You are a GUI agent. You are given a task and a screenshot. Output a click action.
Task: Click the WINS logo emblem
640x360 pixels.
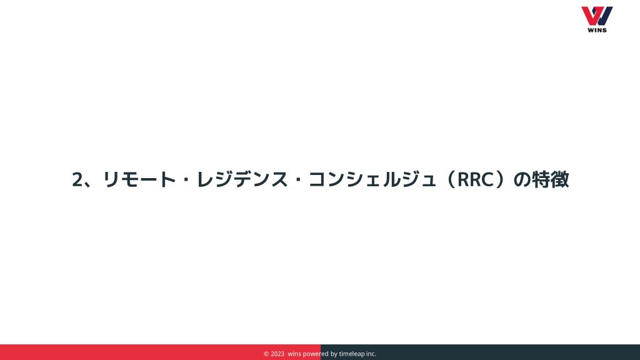coord(597,16)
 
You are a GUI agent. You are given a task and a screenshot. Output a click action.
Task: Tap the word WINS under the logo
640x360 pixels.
coord(597,30)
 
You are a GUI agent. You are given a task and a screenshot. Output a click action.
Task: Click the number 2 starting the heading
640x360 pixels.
coord(77,179)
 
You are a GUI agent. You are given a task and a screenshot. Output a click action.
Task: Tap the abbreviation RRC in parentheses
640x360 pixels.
coord(476,179)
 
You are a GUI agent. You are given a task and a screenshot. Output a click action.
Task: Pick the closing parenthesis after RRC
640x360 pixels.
coord(501,179)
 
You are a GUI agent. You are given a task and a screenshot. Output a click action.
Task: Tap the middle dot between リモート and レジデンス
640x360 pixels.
coord(186,179)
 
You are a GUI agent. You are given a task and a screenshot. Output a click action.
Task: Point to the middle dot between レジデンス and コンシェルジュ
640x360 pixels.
coord(298,179)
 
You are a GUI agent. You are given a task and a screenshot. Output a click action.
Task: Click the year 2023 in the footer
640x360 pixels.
coord(277,354)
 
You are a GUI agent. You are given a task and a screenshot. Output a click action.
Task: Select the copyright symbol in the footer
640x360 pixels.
coord(266,354)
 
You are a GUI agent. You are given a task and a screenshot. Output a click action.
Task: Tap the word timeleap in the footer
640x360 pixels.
coord(352,354)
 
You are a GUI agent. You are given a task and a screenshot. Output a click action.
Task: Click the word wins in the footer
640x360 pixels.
coord(294,354)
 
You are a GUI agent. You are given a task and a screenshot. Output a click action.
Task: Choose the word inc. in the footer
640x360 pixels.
coord(371,354)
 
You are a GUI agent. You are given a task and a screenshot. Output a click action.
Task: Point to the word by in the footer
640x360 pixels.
coord(334,354)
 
